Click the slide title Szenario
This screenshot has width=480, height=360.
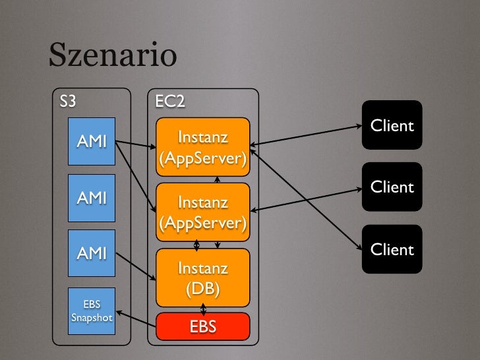(x=112, y=56)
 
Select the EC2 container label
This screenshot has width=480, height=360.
(x=169, y=102)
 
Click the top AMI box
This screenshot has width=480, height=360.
(x=92, y=141)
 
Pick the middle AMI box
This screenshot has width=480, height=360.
(x=92, y=197)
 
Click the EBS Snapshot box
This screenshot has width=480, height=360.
(x=92, y=311)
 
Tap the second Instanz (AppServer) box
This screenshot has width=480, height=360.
(x=202, y=212)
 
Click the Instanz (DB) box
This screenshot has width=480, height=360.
(x=202, y=277)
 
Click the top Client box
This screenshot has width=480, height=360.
(x=392, y=125)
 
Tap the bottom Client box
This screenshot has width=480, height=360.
(x=392, y=249)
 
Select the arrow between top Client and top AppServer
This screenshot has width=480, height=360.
(x=306, y=135)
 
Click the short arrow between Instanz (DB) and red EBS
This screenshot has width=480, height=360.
(x=203, y=309)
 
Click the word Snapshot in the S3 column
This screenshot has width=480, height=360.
(x=92, y=317)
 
